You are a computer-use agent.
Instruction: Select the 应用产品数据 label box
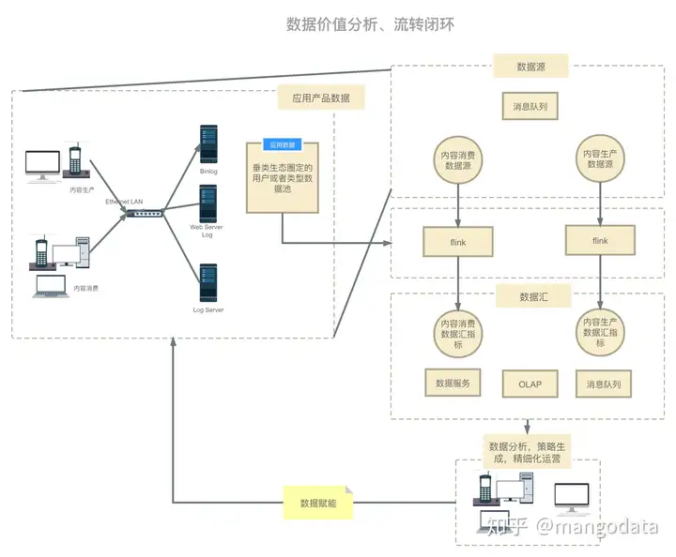[x=321, y=98]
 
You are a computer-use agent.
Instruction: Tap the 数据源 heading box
[x=531, y=67]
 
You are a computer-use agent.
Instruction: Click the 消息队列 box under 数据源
[x=530, y=107]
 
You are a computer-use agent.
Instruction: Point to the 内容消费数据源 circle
[x=457, y=159]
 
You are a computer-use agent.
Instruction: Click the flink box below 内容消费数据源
[x=457, y=242]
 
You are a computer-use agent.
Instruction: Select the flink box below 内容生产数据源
[x=600, y=241]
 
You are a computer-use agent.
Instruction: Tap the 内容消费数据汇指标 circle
[x=457, y=333]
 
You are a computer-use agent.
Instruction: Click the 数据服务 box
[x=453, y=384]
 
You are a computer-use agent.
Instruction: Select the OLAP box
[x=530, y=384]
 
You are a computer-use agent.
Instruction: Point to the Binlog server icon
[x=208, y=145]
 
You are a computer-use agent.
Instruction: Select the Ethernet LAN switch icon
[x=147, y=215]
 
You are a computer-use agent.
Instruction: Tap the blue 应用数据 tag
[x=282, y=145]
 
